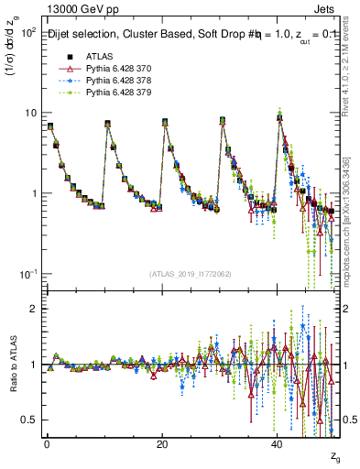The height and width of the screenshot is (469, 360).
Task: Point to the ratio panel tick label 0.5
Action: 28,420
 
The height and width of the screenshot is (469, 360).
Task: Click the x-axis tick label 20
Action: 162,443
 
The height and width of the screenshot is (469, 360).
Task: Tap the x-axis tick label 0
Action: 47,443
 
